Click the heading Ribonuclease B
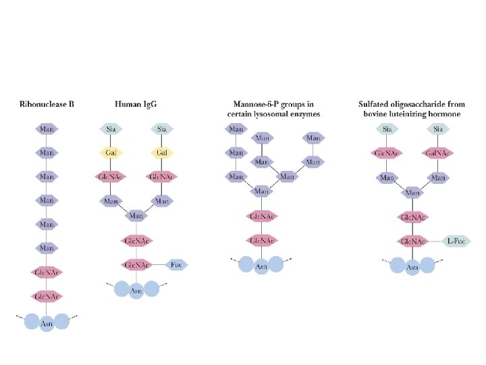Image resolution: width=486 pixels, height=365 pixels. [47, 105]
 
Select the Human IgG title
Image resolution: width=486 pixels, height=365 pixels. [136, 105]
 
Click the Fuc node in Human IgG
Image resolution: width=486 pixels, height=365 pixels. [177, 264]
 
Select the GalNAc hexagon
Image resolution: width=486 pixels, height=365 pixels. [439, 153]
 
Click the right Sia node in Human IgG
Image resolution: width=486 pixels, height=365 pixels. [162, 129]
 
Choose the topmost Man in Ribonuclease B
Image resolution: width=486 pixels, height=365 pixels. [47, 128]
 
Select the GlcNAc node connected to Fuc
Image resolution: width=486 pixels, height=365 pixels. [136, 264]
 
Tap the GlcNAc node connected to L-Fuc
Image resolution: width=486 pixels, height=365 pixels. [412, 241]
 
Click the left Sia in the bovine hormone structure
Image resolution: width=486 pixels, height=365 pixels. [387, 129]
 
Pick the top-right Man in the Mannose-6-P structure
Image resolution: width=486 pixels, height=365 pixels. [313, 139]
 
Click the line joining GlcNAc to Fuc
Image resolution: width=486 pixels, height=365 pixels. [158, 264]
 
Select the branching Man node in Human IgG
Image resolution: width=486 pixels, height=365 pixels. [136, 216]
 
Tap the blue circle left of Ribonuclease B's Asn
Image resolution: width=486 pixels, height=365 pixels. [32, 322]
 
